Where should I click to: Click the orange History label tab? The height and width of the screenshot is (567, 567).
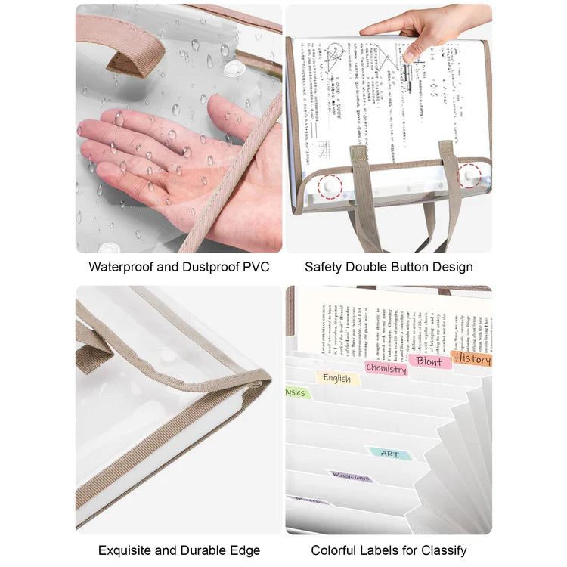pos(472,359)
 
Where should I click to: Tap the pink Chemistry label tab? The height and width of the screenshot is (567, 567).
pos(386,369)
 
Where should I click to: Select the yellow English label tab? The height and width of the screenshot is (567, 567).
pos(337,378)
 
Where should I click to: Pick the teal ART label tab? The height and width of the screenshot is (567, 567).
pos(390,454)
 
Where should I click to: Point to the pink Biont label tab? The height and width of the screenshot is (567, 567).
pos(430,361)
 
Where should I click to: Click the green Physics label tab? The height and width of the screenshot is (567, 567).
pos(296,393)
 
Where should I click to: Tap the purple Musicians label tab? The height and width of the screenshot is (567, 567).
pos(351,477)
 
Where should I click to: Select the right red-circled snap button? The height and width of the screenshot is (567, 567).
pos(470,176)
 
